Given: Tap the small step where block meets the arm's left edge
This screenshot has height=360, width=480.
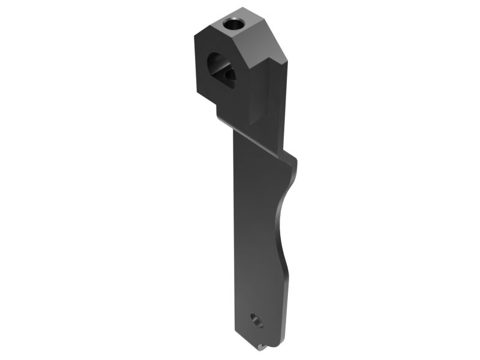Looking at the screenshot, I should coord(218,115).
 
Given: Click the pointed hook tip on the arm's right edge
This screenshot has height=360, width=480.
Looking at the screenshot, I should coord(296,160).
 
